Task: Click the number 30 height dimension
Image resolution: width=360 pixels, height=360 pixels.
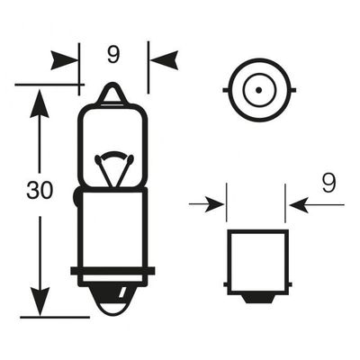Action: pyautogui.click(x=40, y=191)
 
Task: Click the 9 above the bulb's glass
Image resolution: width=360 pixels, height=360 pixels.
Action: pyautogui.click(x=113, y=55)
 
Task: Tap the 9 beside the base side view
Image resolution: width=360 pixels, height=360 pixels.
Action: pyautogui.click(x=329, y=184)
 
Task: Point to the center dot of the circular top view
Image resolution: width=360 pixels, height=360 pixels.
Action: pyautogui.click(x=259, y=90)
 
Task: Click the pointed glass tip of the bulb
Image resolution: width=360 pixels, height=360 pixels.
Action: pyautogui.click(x=113, y=93)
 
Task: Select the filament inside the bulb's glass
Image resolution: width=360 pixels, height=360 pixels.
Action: pyautogui.click(x=113, y=168)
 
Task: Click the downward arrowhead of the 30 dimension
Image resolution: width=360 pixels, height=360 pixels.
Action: pyautogui.click(x=40, y=301)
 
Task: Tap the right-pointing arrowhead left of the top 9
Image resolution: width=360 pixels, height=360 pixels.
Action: pyautogui.click(x=64, y=60)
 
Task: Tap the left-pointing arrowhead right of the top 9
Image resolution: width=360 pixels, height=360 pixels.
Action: pyautogui.click(x=165, y=60)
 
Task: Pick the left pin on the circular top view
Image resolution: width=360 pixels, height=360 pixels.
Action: pyautogui.click(x=226, y=90)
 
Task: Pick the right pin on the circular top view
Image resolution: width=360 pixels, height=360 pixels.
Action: pyautogui.click(x=292, y=90)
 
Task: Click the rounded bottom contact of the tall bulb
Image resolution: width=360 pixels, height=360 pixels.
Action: pyautogui.click(x=113, y=301)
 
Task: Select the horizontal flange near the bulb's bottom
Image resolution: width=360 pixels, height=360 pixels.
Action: pyautogui.click(x=112, y=271)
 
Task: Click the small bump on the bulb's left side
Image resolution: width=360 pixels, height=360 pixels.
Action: pyautogui.click(x=76, y=197)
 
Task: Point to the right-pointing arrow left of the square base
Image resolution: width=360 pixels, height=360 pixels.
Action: pyautogui.click(x=207, y=204)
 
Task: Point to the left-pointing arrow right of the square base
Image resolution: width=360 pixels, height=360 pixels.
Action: pyautogui.click(x=317, y=205)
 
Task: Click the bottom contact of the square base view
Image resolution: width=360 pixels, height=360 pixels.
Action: pyautogui.click(x=258, y=299)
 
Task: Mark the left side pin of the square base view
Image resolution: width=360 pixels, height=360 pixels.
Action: pyautogui.click(x=225, y=284)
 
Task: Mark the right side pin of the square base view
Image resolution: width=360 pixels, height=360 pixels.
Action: pyautogui.click(x=290, y=284)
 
